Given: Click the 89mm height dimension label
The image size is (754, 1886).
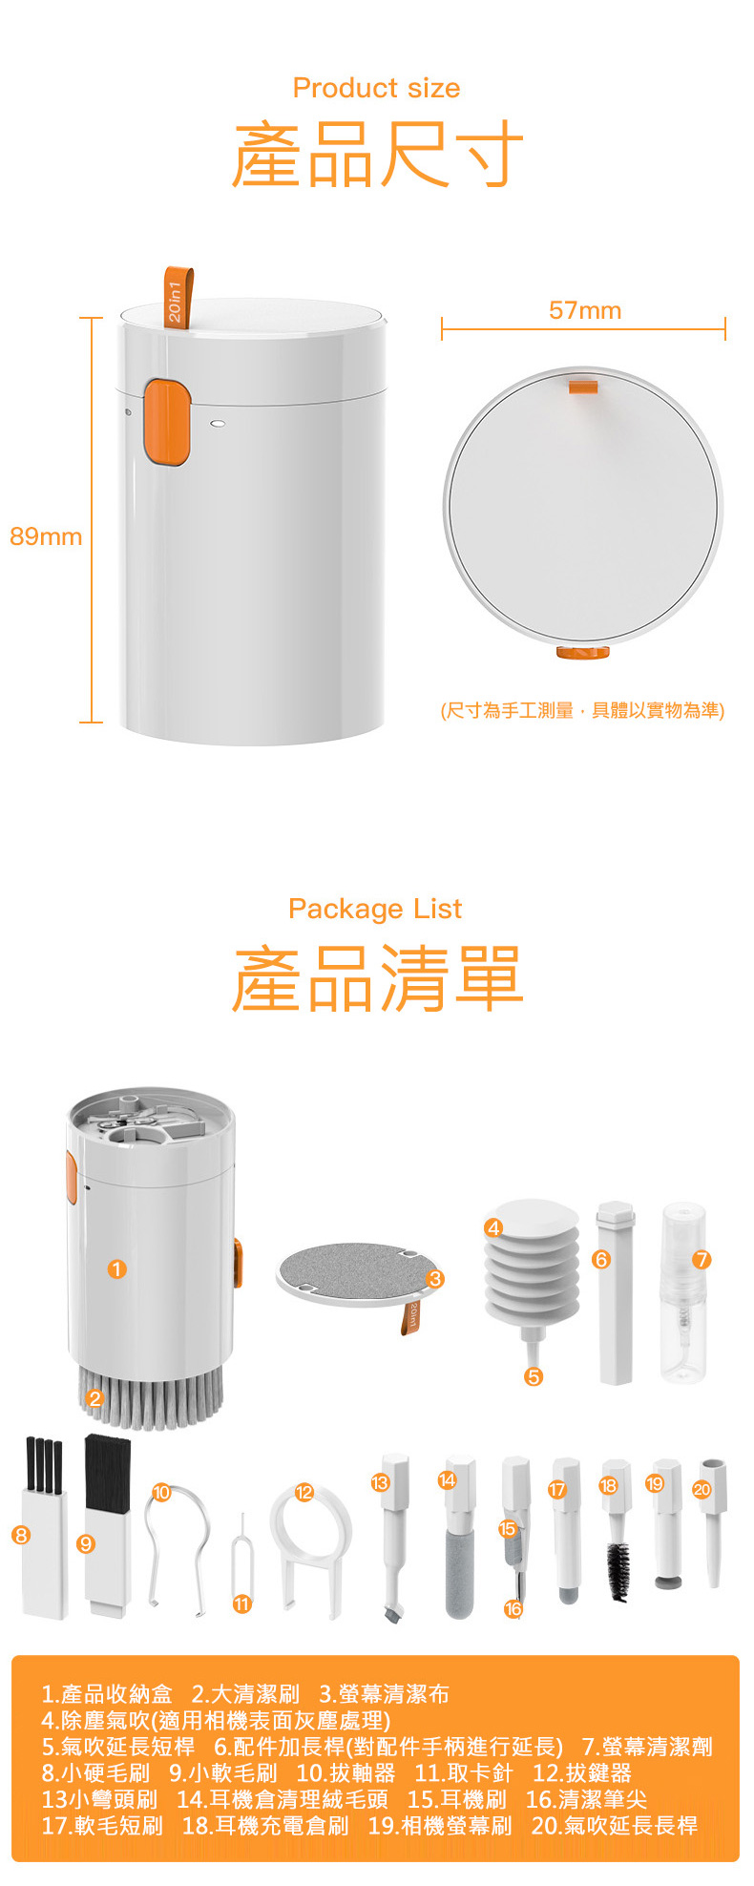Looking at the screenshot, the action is point(46,536).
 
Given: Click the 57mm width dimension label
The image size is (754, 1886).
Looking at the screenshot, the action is point(585,310).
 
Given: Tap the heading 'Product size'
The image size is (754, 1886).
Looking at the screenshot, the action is point(376,88).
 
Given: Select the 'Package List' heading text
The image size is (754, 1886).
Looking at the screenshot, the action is point(375,909).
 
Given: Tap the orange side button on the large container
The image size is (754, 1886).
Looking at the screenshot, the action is point(166,422).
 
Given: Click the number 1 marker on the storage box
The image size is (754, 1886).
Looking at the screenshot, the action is point(116,1268).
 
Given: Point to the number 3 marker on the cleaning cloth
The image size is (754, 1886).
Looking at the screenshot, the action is point(435,1279).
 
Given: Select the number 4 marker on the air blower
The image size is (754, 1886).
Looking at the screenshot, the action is point(493,1227).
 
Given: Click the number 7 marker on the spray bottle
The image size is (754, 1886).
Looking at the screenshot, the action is point(702,1259).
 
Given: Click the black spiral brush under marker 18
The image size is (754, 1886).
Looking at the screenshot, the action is point(618,1571).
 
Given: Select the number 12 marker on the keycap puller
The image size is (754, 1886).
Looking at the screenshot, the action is point(304,1492).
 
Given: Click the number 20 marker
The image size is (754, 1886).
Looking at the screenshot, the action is point(702,1489).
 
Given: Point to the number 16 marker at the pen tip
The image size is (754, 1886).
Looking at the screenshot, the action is point(513,1609).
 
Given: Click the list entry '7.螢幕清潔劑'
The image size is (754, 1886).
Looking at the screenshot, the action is point(647,1747).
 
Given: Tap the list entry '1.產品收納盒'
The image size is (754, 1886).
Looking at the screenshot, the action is point(107,1694).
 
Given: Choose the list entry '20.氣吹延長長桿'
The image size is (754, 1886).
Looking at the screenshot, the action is point(615,1825).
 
